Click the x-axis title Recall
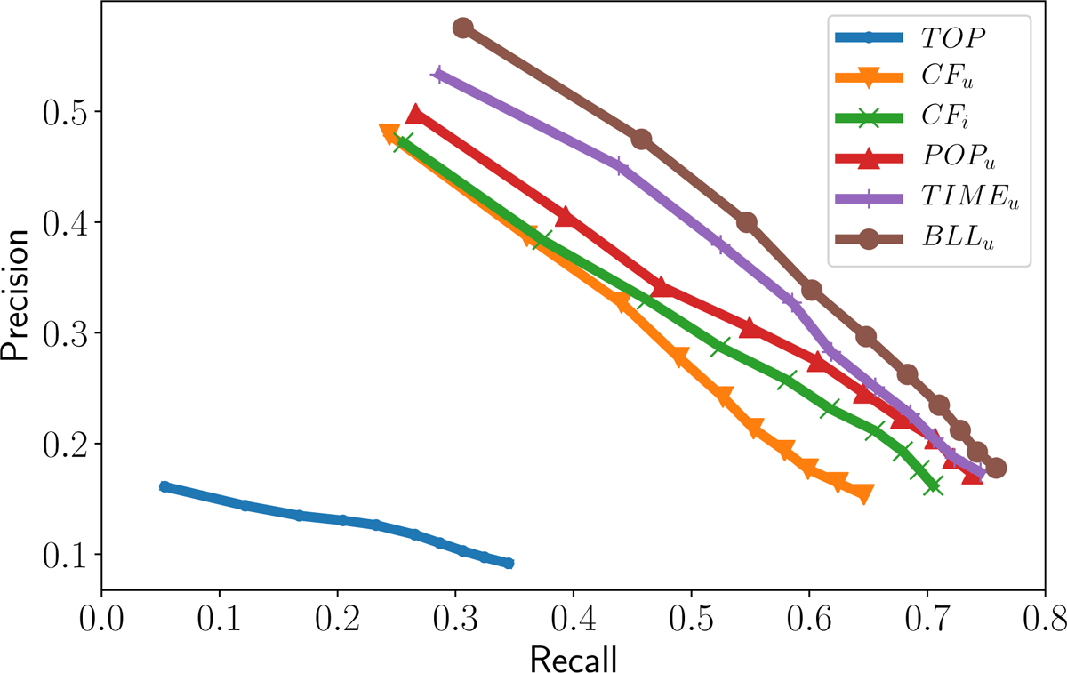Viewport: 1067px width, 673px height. (x=574, y=659)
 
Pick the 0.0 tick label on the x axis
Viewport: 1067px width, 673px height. (x=101, y=617)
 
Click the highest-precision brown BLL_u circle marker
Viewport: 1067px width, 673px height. (x=462, y=28)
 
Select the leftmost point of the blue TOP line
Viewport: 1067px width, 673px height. (x=164, y=487)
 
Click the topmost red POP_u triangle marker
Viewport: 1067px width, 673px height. (x=415, y=116)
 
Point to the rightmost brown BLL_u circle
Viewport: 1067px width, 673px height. (x=996, y=468)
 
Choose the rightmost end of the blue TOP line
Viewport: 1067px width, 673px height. (x=509, y=563)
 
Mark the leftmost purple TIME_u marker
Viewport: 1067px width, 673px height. (x=438, y=75)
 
